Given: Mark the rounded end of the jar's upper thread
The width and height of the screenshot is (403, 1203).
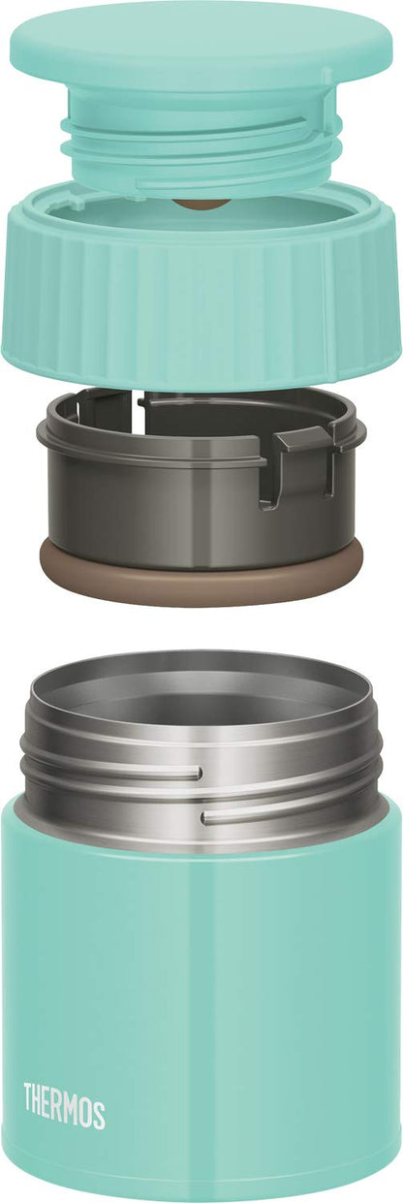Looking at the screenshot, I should pyautogui.click(x=198, y=774).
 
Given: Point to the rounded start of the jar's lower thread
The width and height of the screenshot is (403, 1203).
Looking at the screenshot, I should pyautogui.click(x=206, y=818).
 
